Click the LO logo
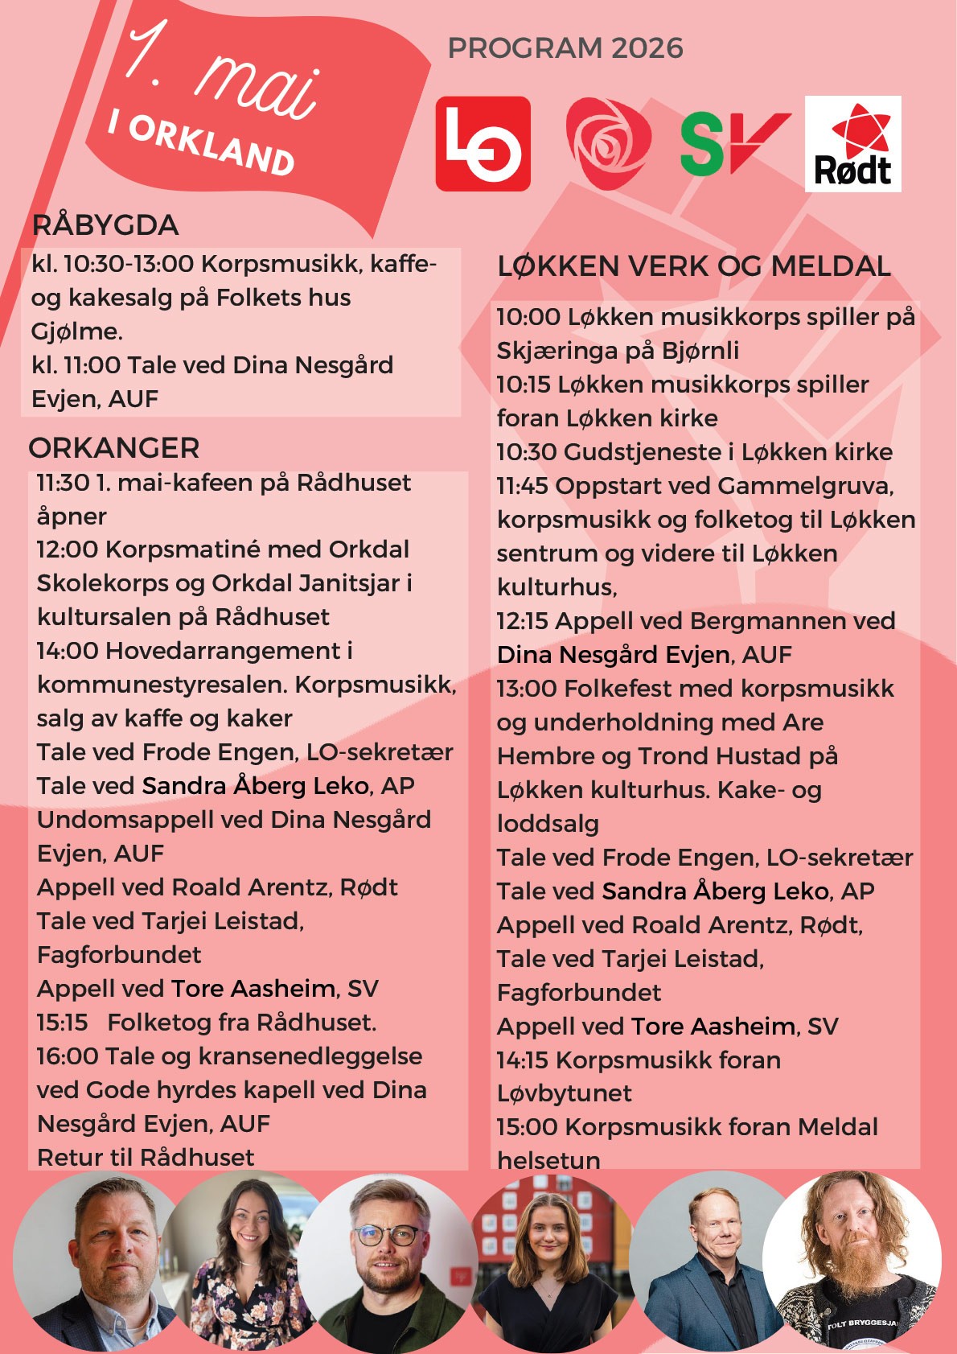pos(483,143)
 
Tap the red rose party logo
pos(608,144)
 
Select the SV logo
pos(733,143)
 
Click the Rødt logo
pos(852,144)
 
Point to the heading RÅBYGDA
pos(105,225)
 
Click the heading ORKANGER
pos(114,448)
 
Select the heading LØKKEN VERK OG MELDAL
pos(694,266)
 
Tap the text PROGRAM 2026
pos(565,48)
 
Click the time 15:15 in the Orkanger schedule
pos(62,1023)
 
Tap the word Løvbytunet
pos(565,1093)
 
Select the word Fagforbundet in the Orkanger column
pos(119,955)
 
